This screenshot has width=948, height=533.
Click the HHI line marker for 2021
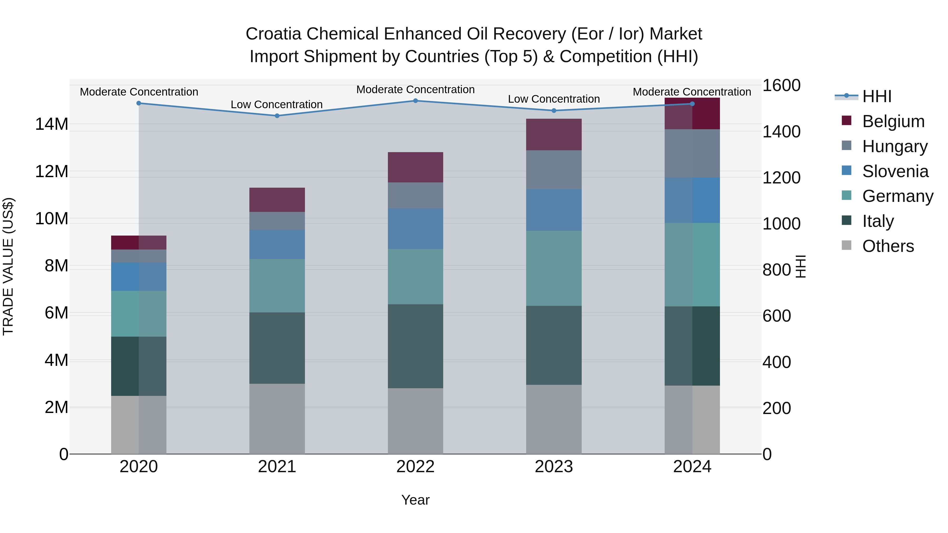click(x=277, y=116)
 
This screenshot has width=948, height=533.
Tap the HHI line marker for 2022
click(x=416, y=101)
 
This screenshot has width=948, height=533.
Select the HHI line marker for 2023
click(x=554, y=111)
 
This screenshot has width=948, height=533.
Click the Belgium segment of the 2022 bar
click(x=416, y=167)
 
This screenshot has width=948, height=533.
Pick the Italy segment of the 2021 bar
click(x=277, y=348)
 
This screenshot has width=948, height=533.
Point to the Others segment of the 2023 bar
click(x=554, y=419)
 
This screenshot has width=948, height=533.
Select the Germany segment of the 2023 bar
click(x=554, y=268)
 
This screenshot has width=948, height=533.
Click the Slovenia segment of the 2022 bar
click(x=416, y=228)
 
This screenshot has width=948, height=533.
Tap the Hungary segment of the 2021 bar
click(x=277, y=221)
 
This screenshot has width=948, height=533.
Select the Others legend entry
click(x=888, y=246)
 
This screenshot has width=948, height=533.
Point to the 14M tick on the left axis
click(x=52, y=124)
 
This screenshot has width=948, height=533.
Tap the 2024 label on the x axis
click(x=692, y=467)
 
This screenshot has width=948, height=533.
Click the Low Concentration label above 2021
click(x=277, y=104)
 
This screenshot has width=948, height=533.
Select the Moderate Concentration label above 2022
click(x=416, y=89)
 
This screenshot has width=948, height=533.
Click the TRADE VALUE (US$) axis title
click(x=8, y=266)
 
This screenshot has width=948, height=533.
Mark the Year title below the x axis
click(x=416, y=500)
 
